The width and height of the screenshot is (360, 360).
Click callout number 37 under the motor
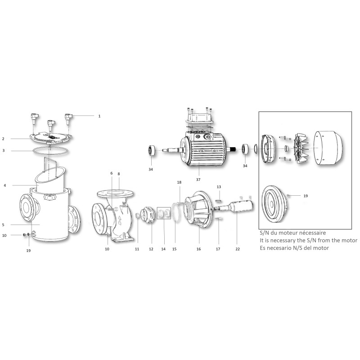pos(198,180)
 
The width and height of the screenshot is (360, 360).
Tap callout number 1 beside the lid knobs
pos(99,116)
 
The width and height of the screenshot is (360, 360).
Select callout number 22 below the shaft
pos(238,249)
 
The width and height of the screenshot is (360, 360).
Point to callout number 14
pos(163,249)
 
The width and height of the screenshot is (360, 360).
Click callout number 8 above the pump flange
pos(119,174)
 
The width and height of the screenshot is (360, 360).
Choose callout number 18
pos(179,182)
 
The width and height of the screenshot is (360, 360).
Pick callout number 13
pos(219,187)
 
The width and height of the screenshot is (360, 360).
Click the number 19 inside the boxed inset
pos(306,196)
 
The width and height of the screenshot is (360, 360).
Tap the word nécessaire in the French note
pos(314,233)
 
